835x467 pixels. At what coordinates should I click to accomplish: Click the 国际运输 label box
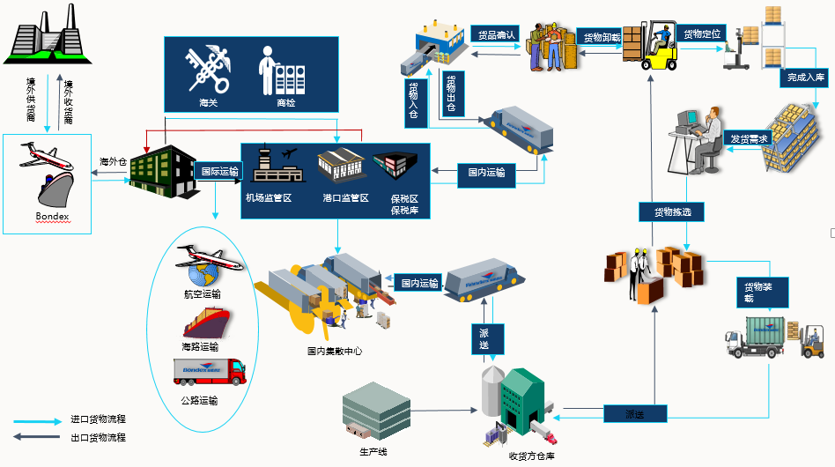219,172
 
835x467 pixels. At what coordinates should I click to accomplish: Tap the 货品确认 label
497,34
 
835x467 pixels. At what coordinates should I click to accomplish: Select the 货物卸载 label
602,38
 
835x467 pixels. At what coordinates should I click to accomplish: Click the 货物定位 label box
702,34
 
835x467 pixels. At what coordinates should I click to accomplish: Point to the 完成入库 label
805,78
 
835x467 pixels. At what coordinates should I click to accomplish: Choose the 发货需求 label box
749,139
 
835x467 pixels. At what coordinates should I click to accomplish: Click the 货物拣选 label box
665,211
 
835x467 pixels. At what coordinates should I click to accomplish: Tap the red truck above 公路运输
209,372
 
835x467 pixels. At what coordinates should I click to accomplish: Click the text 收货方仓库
531,456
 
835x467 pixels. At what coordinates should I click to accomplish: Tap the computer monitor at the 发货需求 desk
687,117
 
